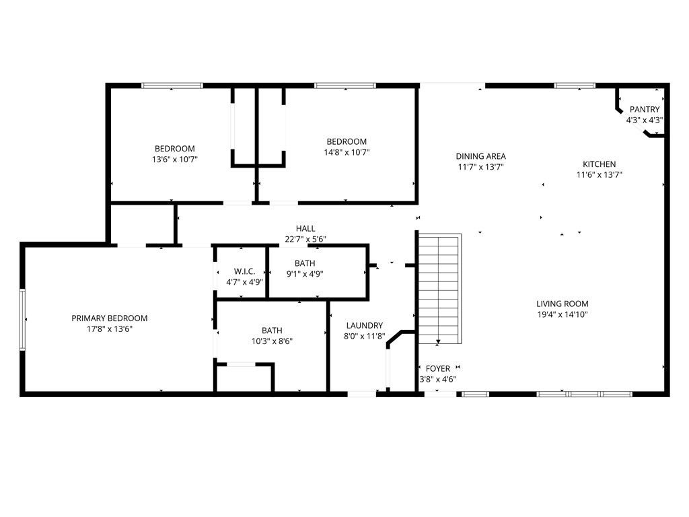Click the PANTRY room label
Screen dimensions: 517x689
645,110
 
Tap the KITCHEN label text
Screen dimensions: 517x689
599,164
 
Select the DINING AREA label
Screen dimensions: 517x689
480,156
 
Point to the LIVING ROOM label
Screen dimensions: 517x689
563,304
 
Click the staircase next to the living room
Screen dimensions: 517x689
439,289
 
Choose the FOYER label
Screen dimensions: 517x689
438,368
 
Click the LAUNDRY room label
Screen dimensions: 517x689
365,325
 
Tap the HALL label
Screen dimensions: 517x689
305,229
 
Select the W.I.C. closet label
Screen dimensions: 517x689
244,271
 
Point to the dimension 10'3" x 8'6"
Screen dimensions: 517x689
272,341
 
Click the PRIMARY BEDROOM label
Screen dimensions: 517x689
110,318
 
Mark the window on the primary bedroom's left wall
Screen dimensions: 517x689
23,319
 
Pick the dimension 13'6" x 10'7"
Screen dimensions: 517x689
175,160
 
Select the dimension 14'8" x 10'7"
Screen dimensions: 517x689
347,152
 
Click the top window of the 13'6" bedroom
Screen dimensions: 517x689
172,85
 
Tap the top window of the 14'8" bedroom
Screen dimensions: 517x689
345,85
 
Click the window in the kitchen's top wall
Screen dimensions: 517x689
575,85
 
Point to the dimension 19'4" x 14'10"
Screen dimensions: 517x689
563,314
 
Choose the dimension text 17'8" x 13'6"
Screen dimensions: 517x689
110,329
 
